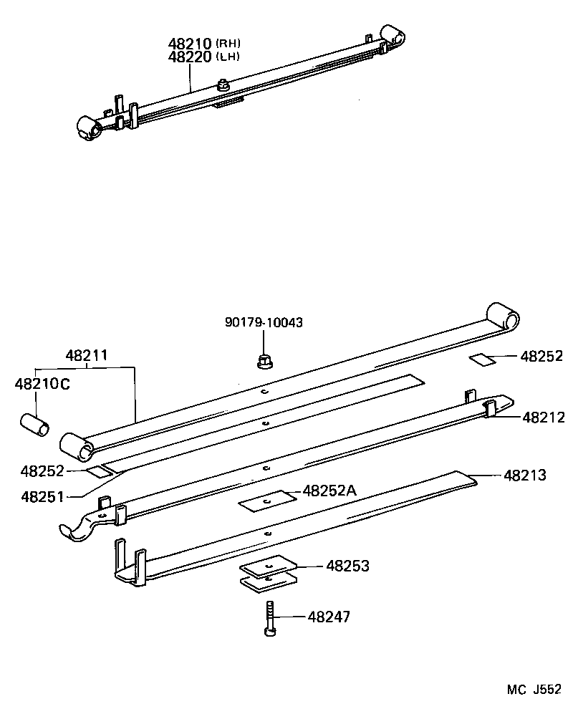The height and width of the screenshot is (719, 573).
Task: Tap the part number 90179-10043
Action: [264, 323]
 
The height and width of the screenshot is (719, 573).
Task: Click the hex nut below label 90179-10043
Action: [264, 362]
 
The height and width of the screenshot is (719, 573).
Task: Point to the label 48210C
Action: [42, 385]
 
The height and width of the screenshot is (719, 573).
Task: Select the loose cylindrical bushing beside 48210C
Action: [34, 423]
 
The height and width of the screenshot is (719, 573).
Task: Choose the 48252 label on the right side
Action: [541, 357]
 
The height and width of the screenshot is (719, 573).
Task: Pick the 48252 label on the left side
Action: [43, 471]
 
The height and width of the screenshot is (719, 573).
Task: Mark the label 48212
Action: [544, 417]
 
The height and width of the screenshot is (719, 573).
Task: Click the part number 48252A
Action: [330, 491]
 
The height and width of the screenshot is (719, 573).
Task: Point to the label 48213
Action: [524, 475]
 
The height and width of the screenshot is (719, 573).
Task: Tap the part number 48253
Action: [347, 566]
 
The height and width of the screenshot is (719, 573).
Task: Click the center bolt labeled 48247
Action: [268, 618]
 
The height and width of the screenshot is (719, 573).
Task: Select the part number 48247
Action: [329, 617]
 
